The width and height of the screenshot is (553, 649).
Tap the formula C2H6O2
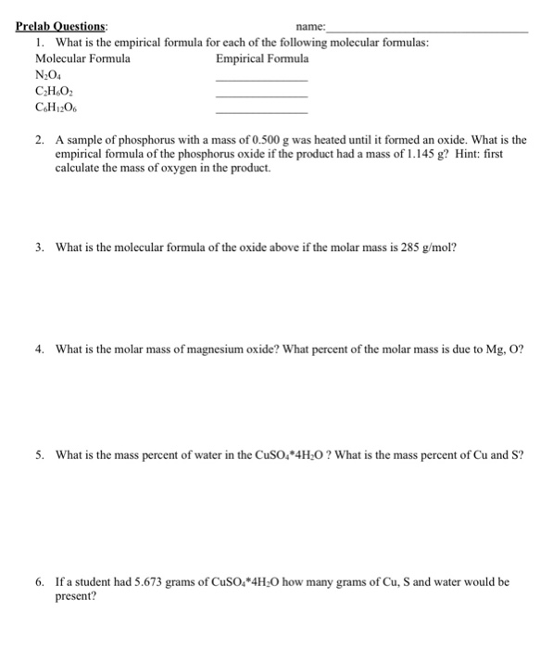tap(50, 93)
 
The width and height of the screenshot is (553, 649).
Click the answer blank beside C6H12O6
tap(261, 113)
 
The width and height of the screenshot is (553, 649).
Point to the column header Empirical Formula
tap(262, 58)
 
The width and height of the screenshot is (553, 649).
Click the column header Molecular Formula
tap(82, 58)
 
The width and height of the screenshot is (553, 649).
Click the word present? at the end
tap(76, 597)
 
